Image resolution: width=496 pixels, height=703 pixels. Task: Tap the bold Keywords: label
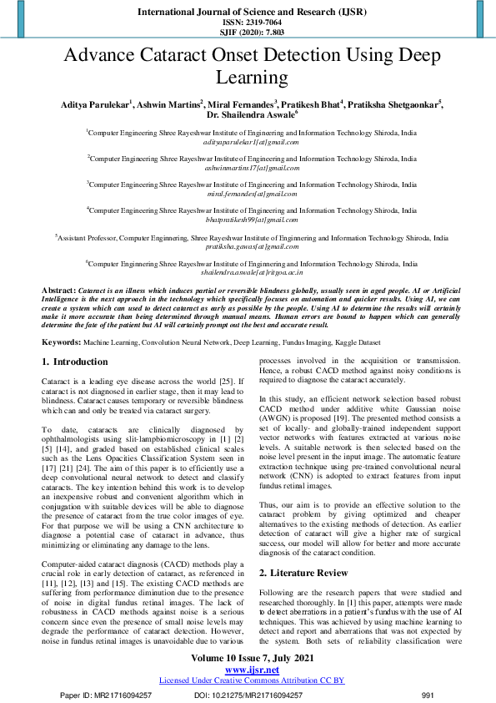click(61, 342)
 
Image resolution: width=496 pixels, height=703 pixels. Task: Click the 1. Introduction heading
click(75, 362)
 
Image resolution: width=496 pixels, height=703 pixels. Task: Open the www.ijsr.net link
click(248, 670)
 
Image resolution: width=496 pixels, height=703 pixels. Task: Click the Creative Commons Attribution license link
click(251, 680)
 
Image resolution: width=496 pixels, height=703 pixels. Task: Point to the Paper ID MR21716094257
click(106, 695)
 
